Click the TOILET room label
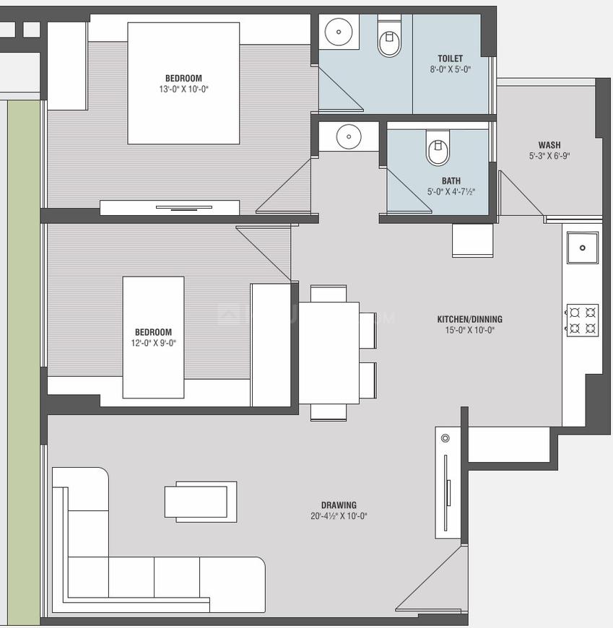[x=450, y=58]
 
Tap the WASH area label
[x=549, y=145]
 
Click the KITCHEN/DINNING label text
[x=469, y=319]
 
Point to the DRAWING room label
[x=339, y=505]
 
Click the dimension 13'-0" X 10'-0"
[x=183, y=89]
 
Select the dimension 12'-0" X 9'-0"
[x=152, y=343]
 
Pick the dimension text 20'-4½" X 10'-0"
[x=339, y=516]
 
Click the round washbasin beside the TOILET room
[x=338, y=32]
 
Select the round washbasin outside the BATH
[x=349, y=136]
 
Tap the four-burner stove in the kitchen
[x=582, y=320]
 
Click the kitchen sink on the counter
[x=582, y=248]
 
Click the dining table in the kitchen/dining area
[x=329, y=353]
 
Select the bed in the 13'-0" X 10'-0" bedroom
[x=183, y=83]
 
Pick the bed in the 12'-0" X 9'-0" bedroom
[x=153, y=337]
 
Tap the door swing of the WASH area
[x=518, y=195]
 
